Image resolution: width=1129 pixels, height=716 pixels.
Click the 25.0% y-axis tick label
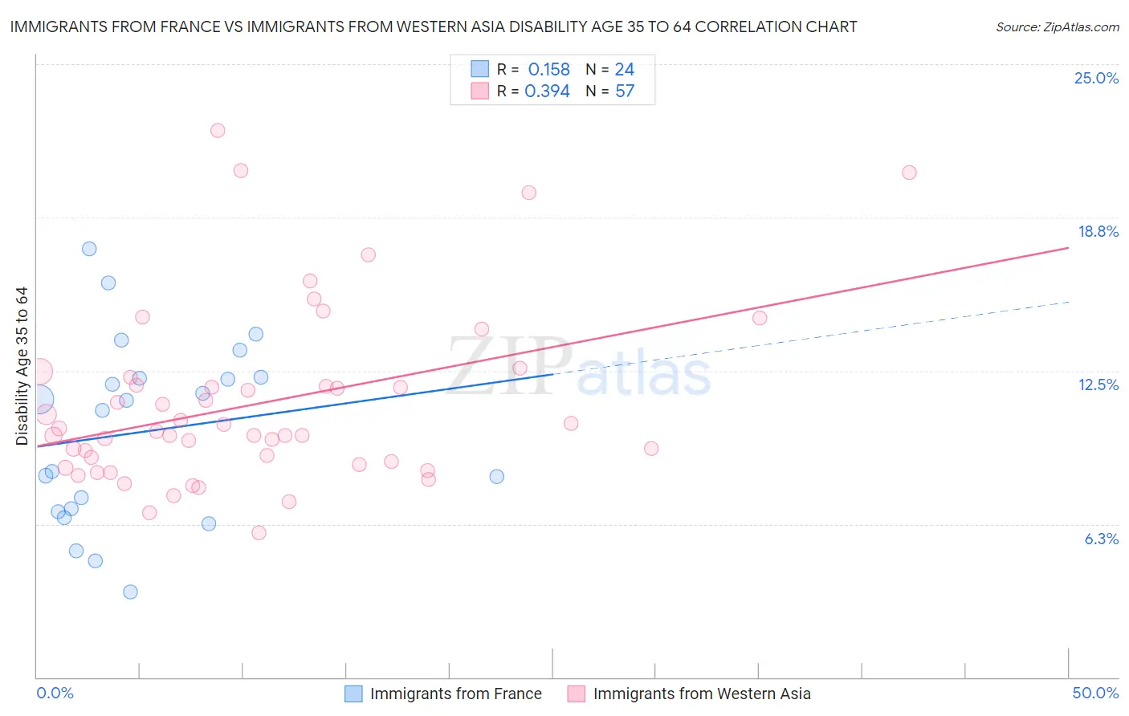click(1096, 78)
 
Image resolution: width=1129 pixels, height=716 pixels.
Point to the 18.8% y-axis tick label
click(1098, 231)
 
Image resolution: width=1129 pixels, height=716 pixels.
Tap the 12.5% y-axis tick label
click(1098, 384)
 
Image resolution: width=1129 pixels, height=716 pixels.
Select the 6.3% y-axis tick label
click(1101, 539)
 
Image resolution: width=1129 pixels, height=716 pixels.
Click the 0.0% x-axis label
click(55, 693)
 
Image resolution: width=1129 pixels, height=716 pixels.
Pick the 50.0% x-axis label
click(1095, 693)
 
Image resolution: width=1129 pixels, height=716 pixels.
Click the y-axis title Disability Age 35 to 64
click(22, 365)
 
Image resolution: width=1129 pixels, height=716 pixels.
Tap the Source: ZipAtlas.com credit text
click(1057, 27)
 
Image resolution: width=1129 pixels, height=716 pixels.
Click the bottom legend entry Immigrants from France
click(455, 694)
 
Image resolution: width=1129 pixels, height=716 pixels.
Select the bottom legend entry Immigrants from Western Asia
click(701, 694)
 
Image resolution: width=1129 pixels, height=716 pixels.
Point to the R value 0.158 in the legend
click(548, 70)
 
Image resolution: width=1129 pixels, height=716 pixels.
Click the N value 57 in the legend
click(625, 92)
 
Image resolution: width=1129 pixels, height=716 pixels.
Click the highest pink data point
click(218, 130)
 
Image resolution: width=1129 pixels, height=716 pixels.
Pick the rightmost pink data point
click(909, 173)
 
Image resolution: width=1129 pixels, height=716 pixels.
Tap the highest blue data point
click(89, 249)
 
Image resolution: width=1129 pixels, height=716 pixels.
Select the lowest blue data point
click(130, 592)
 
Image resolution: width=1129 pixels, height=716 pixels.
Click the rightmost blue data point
click(497, 476)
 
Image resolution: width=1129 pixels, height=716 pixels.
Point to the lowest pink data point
click(259, 533)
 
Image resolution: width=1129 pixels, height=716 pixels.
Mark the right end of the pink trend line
click(1068, 248)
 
